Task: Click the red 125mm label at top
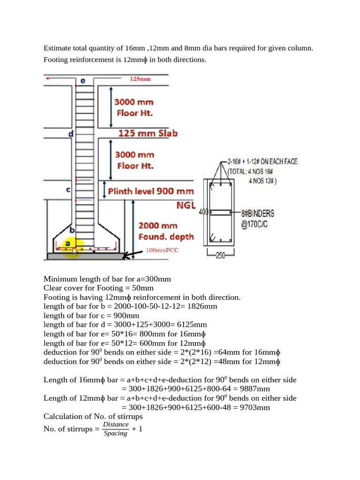coord(140,79)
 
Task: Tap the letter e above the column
coord(83,81)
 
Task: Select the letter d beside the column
coord(71,134)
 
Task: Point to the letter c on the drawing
coord(68,190)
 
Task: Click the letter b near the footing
coord(72,230)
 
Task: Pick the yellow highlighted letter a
coord(68,244)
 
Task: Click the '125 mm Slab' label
coord(148,133)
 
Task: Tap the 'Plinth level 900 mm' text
coord(150,191)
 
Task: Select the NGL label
coord(186,205)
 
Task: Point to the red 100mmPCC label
coord(162,250)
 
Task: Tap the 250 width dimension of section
coord(220,256)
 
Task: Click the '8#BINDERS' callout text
coord(258,213)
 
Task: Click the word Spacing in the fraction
coord(115,434)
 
